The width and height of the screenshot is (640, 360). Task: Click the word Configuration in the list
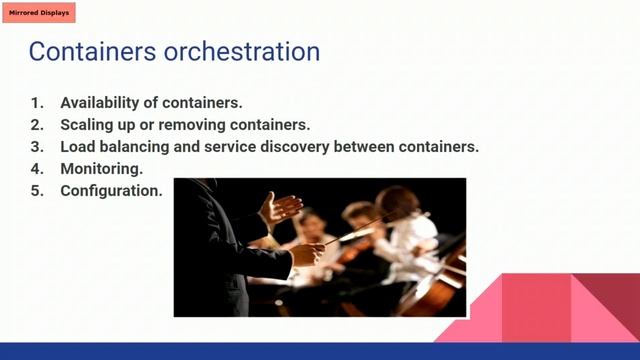pos(111,190)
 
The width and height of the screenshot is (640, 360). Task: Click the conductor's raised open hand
pos(279,208)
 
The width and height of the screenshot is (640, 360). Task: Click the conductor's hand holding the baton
pos(305,253)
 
